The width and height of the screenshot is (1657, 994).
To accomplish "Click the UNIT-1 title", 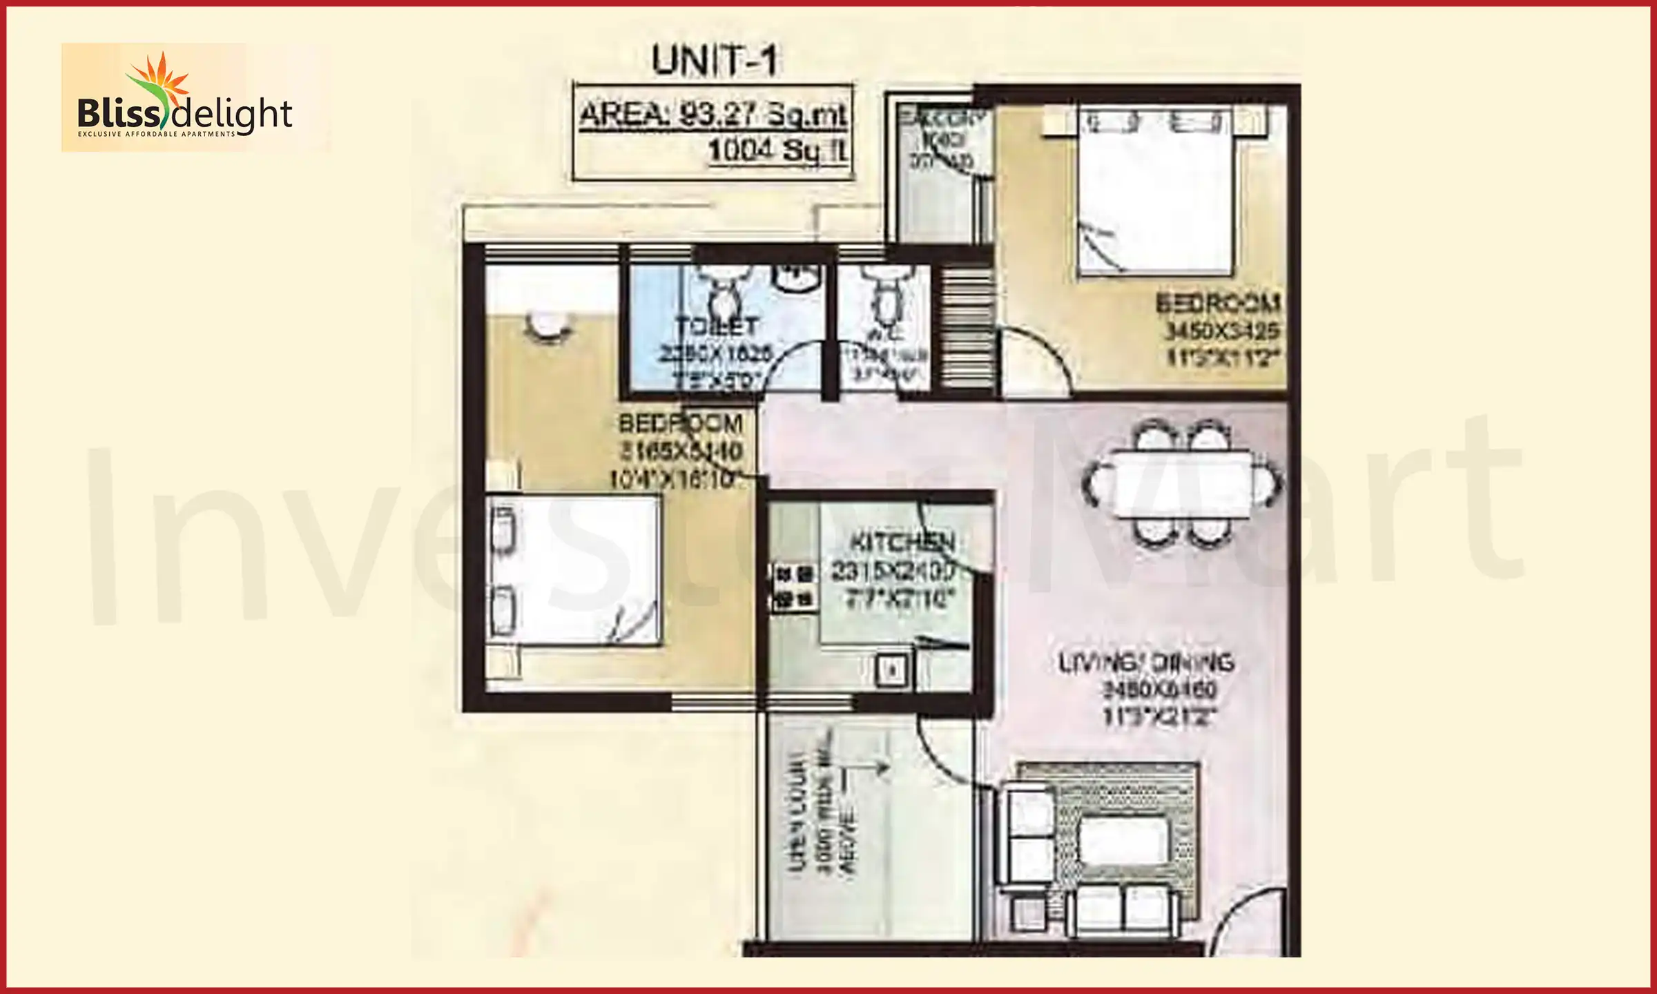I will (715, 61).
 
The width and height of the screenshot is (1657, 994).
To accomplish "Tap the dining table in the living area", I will (1182, 484).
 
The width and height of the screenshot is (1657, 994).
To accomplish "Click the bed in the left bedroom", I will (573, 570).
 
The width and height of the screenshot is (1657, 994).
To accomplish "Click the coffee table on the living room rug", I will (1124, 839).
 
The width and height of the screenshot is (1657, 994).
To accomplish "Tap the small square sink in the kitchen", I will (891, 670).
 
